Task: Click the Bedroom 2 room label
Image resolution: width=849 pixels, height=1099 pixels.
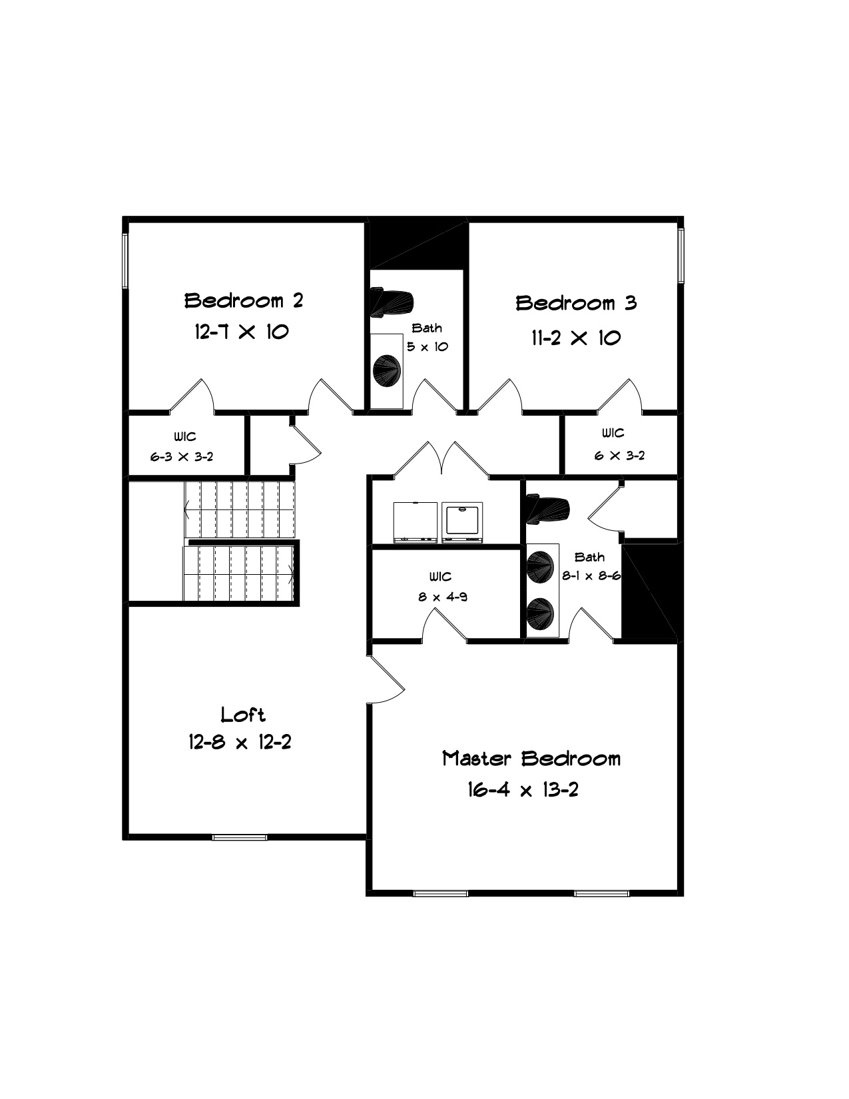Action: point(244,300)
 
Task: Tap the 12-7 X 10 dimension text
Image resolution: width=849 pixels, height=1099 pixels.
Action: point(242,332)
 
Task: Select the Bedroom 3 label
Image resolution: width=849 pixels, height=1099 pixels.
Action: point(576,303)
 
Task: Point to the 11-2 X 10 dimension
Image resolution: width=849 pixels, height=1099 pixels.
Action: point(576,337)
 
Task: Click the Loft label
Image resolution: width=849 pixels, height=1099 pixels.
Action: point(243,714)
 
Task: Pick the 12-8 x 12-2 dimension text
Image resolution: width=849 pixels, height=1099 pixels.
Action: point(240,742)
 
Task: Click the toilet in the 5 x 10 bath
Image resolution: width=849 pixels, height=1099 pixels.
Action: point(392,302)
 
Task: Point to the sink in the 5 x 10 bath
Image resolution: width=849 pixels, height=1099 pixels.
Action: point(387,371)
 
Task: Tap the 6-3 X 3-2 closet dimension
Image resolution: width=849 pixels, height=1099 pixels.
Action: point(182,457)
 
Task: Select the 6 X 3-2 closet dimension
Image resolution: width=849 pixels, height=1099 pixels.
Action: point(619,455)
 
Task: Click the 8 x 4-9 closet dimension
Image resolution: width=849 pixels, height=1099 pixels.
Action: point(442,597)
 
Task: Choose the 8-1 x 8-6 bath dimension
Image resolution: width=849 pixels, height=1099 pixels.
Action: point(591,575)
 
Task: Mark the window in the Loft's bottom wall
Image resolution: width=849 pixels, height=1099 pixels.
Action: point(240,837)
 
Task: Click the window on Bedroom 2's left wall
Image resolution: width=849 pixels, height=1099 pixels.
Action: point(125,261)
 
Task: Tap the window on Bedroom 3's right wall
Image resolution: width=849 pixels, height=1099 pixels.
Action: point(681,255)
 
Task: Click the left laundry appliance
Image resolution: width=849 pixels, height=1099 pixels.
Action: point(415,522)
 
